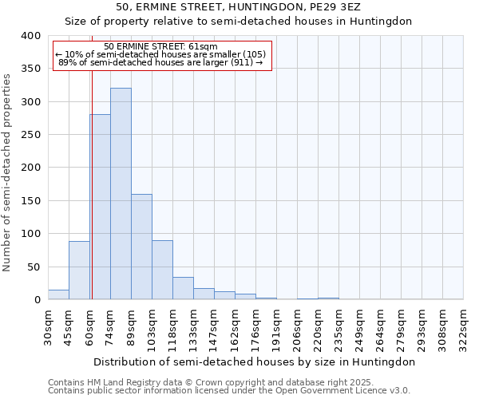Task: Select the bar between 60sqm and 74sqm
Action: click(100, 207)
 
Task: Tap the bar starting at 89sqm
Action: click(141, 247)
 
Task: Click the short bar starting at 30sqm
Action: click(58, 294)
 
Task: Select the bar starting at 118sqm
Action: click(183, 288)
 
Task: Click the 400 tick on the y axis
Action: click(30, 36)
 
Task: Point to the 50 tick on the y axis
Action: click(34, 267)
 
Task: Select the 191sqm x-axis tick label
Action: click(277, 326)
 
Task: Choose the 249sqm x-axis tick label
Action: click(360, 326)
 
